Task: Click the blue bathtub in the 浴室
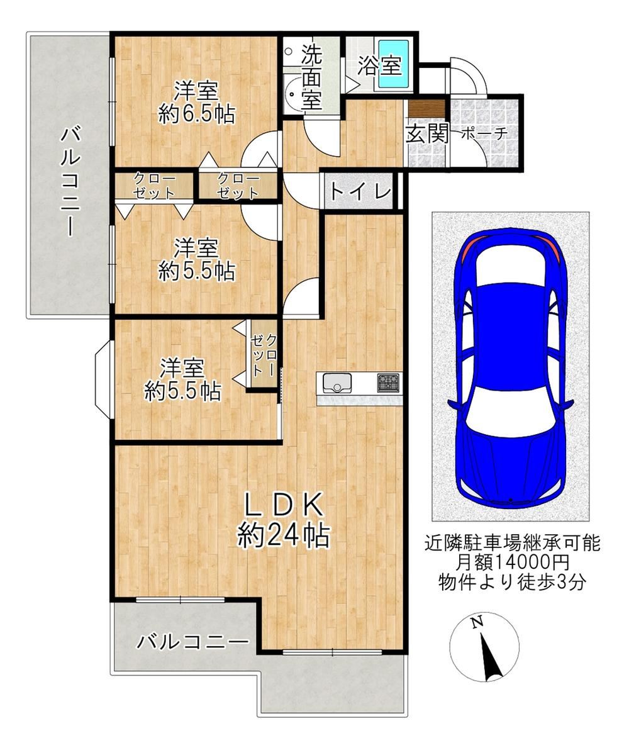click(394, 64)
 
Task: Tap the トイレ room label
click(360, 193)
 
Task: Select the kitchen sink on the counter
click(337, 383)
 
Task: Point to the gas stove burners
click(388, 383)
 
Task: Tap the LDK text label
click(284, 505)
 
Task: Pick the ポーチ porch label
click(484, 134)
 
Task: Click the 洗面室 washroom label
click(311, 78)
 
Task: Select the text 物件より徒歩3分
click(512, 582)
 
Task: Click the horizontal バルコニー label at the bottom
click(192, 641)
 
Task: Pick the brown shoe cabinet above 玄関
click(427, 108)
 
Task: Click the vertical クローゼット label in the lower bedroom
click(264, 355)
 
